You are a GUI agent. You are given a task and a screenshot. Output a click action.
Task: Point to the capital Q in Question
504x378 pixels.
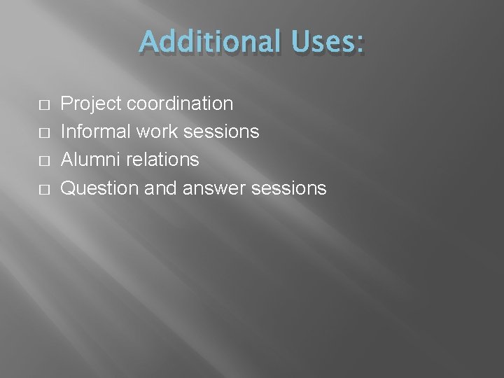[69, 188]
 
